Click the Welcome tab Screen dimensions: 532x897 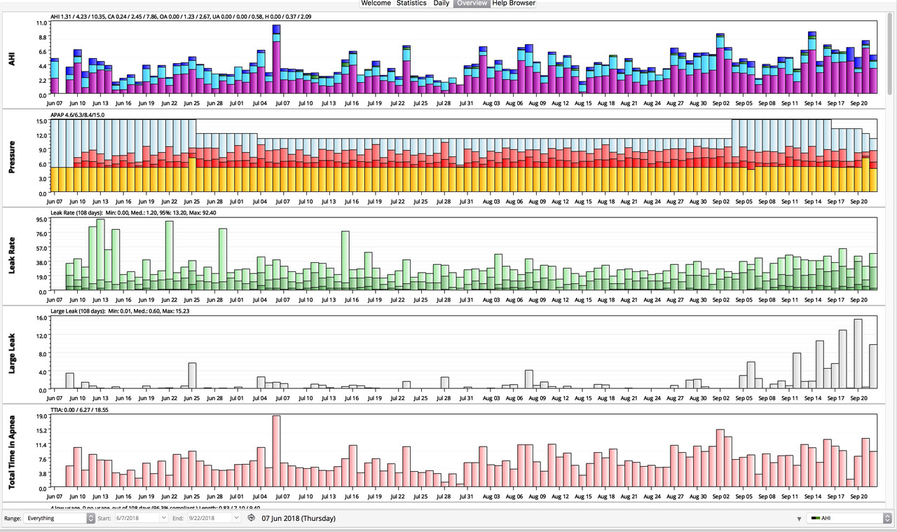376,4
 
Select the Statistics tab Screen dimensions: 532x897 411,4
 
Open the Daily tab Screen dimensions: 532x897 441,4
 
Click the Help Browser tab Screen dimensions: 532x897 514,4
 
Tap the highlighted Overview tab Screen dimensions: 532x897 472,4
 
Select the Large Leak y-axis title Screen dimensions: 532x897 12,353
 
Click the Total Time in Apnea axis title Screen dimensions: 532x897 12,451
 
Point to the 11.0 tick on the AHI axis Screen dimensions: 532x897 41,23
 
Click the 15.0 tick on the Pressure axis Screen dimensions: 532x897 41,121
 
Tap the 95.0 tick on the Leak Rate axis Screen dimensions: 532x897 41,219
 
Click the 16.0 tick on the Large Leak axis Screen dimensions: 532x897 41,318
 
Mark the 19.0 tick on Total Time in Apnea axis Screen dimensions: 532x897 41,416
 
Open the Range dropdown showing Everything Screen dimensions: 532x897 59,519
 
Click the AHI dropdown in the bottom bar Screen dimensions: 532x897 849,519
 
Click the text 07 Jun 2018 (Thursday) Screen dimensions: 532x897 299,519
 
